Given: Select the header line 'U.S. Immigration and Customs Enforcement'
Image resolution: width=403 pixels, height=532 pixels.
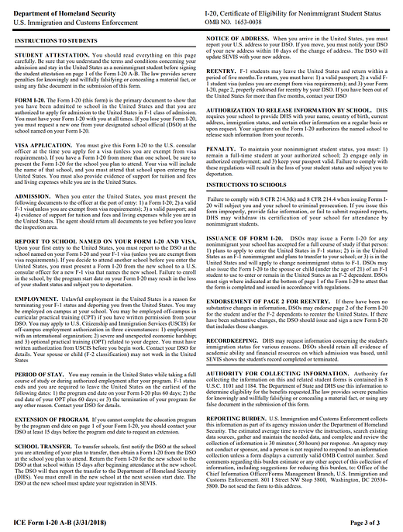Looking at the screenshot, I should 73,22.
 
